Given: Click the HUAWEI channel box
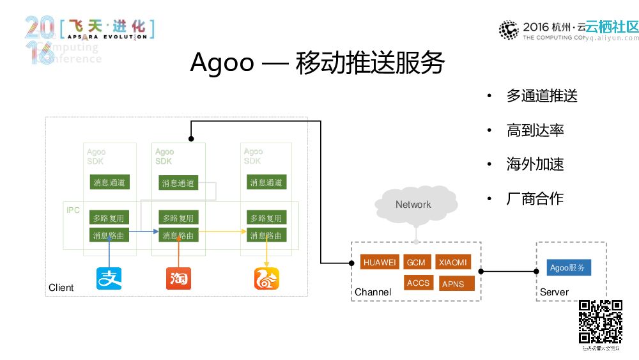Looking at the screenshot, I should [380, 262].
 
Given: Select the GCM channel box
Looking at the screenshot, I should [416, 262].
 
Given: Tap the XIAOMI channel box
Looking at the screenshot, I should [453, 262].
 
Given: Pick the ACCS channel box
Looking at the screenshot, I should [419, 283].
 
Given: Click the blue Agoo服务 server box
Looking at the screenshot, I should [568, 267].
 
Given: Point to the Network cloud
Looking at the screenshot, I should [413, 205].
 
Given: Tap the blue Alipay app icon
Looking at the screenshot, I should [109, 278].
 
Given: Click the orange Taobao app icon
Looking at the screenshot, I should [178, 278].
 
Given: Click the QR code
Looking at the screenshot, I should [600, 322].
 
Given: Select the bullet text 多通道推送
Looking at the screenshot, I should [542, 96].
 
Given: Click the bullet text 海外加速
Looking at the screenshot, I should [535, 164].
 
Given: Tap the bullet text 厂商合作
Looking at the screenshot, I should [535, 199].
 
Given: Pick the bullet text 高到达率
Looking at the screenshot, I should [535, 130].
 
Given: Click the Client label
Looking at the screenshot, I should [61, 288].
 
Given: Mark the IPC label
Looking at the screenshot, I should [73, 210].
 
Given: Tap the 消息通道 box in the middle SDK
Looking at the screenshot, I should [178, 184].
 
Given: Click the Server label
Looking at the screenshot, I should [554, 292].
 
